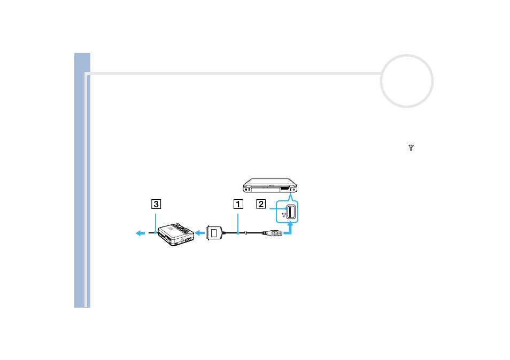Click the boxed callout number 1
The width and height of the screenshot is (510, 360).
(x=238, y=204)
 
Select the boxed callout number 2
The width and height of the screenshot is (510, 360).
(x=261, y=204)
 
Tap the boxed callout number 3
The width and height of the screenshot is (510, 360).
(x=156, y=204)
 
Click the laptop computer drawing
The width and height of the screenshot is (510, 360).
(x=270, y=185)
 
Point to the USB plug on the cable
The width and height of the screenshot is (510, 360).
(x=273, y=233)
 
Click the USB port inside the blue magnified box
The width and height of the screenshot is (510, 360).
(x=291, y=212)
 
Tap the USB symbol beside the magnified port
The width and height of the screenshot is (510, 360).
(x=284, y=215)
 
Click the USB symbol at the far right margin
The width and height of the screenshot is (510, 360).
(x=411, y=148)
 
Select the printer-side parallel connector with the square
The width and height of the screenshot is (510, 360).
(x=214, y=233)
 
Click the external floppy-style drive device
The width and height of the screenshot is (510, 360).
(x=176, y=234)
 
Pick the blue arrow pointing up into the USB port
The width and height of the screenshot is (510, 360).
(x=289, y=228)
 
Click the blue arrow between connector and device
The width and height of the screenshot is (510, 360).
(x=200, y=233)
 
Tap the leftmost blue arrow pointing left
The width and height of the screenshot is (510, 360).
(x=140, y=233)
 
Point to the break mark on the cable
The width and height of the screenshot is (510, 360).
(x=246, y=233)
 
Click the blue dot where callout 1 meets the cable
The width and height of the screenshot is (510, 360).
(x=238, y=233)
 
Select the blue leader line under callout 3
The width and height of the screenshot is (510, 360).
(x=156, y=223)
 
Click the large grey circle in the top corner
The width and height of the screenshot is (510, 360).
(x=407, y=55)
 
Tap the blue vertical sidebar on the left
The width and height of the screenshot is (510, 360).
(x=82, y=180)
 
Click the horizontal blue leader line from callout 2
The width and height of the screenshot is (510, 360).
(x=278, y=209)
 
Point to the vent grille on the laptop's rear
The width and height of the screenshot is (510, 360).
(x=284, y=188)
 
